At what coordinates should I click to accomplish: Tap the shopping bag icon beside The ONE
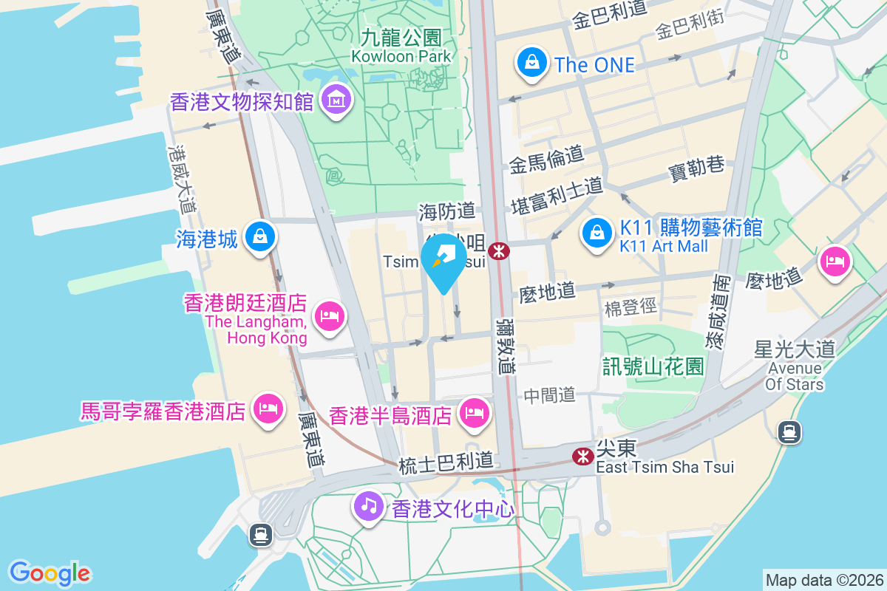[532, 63]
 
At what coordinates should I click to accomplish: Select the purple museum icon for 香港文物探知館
[336, 101]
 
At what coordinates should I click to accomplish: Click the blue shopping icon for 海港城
[260, 237]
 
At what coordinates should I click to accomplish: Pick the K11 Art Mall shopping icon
[596, 233]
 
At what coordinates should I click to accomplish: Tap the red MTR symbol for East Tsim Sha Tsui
[582, 457]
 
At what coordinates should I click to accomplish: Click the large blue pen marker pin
[443, 262]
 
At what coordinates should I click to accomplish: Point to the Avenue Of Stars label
[795, 376]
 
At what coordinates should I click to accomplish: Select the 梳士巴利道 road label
[445, 464]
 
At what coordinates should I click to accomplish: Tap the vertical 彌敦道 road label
[504, 346]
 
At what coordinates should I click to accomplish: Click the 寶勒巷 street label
[696, 167]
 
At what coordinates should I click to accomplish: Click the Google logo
[50, 573]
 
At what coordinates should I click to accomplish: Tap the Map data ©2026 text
[823, 580]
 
